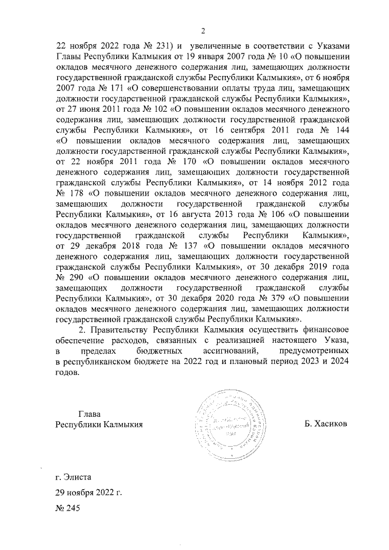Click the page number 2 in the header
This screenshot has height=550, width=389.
[x=204, y=31]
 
